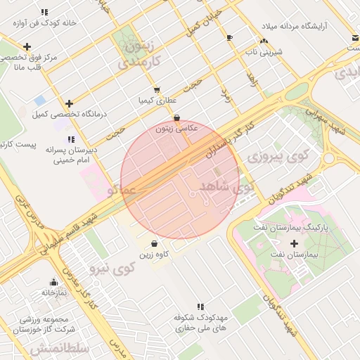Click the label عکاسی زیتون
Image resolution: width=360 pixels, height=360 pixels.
tap(176, 129)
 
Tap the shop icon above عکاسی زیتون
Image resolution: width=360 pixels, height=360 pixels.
tap(176, 117)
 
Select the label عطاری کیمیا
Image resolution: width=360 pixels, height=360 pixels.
tap(156, 101)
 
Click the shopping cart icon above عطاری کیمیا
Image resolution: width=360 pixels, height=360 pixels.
tap(156, 90)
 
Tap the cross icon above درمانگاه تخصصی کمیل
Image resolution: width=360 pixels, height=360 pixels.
tap(68, 103)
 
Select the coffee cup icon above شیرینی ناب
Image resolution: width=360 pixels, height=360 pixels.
tap(230, 37)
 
